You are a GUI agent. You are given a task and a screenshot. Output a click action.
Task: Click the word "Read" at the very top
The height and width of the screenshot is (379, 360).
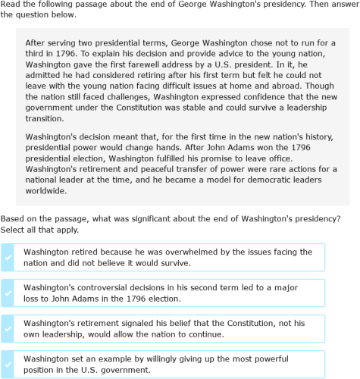click(11, 7)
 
